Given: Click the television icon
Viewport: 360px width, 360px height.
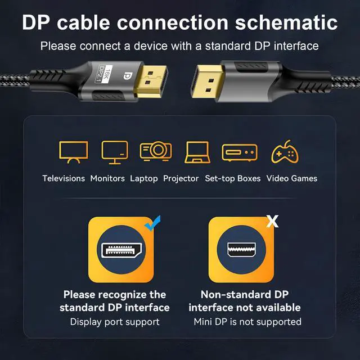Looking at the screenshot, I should [x=73, y=151].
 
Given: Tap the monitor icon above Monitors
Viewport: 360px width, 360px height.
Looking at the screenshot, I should [x=115, y=151].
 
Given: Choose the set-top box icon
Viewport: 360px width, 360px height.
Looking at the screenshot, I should [x=239, y=152].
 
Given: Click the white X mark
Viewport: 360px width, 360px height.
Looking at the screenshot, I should [x=272, y=221].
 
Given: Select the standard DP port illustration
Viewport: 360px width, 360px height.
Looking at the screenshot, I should [x=120, y=250].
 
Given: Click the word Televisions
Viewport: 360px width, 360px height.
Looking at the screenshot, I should [x=64, y=178].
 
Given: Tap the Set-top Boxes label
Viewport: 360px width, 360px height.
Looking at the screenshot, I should [x=233, y=178].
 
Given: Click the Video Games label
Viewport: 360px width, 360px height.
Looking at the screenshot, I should [x=292, y=178].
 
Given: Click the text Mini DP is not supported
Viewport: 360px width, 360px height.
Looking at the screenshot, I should [x=247, y=322].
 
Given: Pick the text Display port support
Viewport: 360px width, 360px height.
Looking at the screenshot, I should [x=115, y=322].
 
